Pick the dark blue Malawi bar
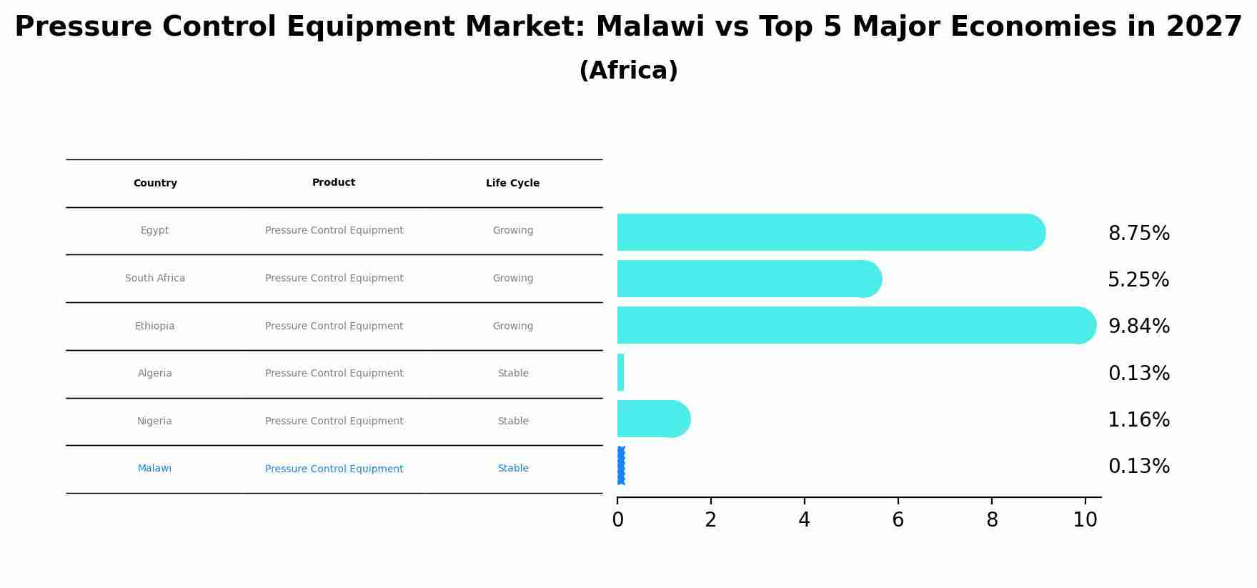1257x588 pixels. [x=620, y=465]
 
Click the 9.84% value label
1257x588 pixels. [x=1138, y=327]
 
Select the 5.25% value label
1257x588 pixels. [x=1138, y=280]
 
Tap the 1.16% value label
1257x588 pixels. [x=1138, y=420]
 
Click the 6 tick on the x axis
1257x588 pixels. [x=898, y=520]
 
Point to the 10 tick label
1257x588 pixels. [x=1085, y=520]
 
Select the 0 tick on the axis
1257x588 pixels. [x=617, y=520]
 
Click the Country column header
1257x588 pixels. [x=155, y=184]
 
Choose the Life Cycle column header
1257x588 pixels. [x=512, y=184]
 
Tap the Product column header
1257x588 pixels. [x=334, y=183]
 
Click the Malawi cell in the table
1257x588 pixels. [x=154, y=469]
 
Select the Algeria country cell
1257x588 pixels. [x=154, y=374]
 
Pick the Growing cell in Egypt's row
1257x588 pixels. [x=512, y=231]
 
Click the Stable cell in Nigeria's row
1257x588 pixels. [x=512, y=422]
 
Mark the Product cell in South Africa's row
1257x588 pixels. [x=334, y=279]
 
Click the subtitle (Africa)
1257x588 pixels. [x=628, y=71]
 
